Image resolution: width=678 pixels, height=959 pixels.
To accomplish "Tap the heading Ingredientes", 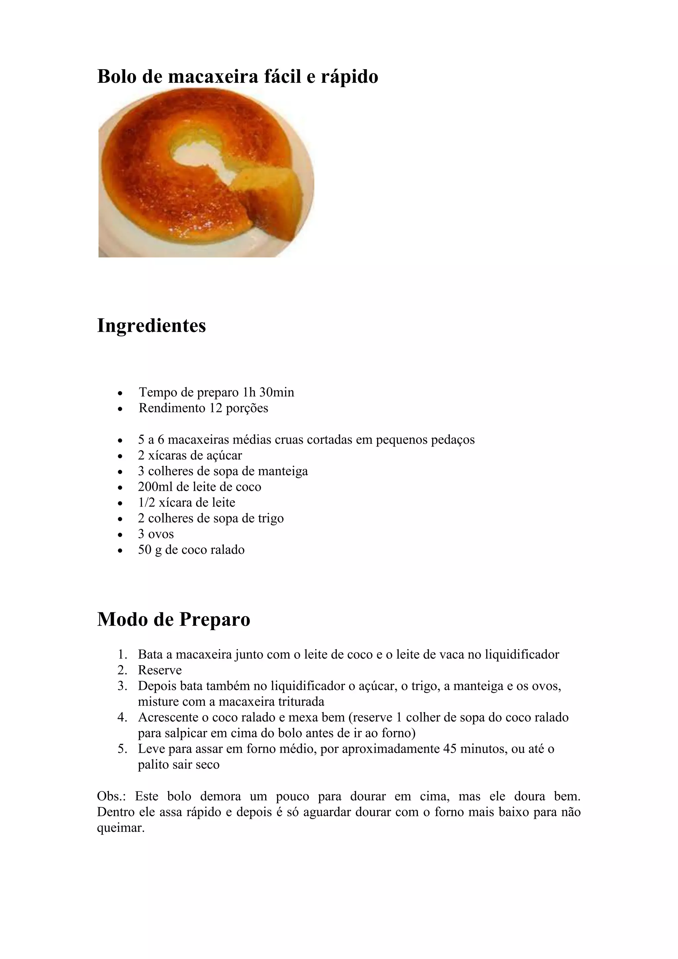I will pos(152,326).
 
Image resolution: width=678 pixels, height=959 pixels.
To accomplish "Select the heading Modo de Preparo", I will pos(174,619).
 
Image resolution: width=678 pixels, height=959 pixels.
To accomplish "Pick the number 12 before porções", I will pos(216,408).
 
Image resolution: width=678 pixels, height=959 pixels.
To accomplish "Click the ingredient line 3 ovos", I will pos(156,534).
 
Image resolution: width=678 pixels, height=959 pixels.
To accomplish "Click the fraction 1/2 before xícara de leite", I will pos(147,502).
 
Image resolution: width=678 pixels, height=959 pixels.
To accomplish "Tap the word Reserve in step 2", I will pos(160,670).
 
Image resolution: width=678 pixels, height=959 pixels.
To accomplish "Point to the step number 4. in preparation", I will pos(122,718).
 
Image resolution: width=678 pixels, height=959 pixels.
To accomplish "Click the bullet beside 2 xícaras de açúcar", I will pos(120,456).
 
